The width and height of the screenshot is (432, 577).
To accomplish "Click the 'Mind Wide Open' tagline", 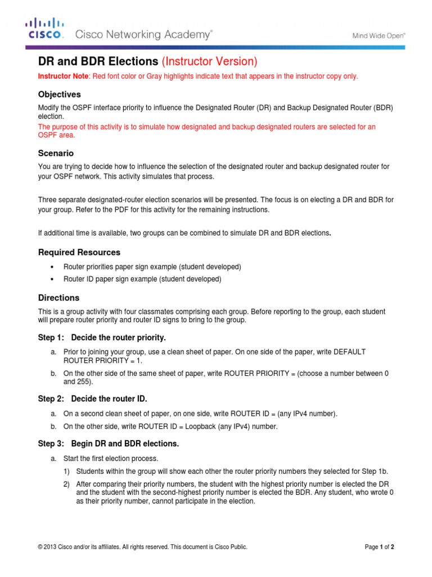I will (x=379, y=35).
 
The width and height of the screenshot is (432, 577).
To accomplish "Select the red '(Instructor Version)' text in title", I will (x=209, y=61).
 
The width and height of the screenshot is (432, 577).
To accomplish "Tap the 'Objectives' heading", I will (x=59, y=94).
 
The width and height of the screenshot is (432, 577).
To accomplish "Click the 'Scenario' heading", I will (x=56, y=153).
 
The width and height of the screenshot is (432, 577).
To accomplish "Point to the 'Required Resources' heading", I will (x=79, y=252).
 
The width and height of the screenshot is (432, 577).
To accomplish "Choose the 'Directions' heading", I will (x=58, y=298).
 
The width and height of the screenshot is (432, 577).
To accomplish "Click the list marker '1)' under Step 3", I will (x=66, y=472).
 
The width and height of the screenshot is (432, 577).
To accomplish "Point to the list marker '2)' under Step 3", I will (x=66, y=485).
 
